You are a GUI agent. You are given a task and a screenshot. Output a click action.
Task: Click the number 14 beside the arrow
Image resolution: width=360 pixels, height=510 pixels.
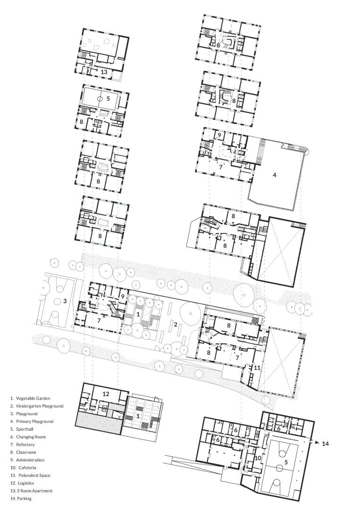tap(325, 443)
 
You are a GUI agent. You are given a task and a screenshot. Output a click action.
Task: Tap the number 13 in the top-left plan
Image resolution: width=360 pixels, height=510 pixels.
tap(104, 72)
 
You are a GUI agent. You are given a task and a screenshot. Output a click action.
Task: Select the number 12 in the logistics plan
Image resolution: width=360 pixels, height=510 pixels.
tap(106, 394)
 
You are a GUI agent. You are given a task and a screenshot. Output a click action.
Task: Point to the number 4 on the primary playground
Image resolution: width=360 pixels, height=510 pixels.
tap(275, 175)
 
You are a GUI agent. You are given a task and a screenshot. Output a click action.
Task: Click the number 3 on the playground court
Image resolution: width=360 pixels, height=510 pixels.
tap(65, 301)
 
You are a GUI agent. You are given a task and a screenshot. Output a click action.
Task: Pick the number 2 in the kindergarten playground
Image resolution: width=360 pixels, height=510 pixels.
tap(175, 324)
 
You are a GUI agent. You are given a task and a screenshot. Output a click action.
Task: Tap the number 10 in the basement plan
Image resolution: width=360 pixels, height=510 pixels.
tap(258, 458)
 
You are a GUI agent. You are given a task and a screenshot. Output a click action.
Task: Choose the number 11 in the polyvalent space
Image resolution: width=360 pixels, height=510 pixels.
tap(257, 368)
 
